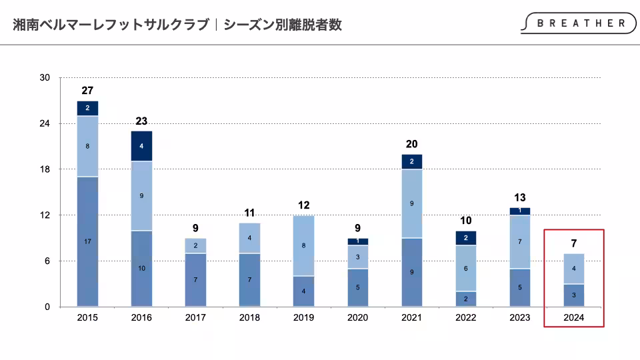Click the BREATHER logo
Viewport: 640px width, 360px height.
pyautogui.click(x=577, y=23)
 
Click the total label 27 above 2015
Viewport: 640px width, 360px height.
pyautogui.click(x=87, y=90)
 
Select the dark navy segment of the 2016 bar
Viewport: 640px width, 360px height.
pyautogui.click(x=141, y=146)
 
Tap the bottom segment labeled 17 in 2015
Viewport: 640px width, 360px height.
pyautogui.click(x=87, y=241)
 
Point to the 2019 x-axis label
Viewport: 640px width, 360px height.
pyautogui.click(x=303, y=317)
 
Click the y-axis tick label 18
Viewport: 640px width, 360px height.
pyautogui.click(x=45, y=169)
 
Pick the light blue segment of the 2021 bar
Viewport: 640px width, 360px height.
pyautogui.click(x=411, y=203)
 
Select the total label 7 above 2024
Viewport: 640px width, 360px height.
pyautogui.click(x=573, y=243)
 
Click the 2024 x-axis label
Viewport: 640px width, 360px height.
pyautogui.click(x=573, y=317)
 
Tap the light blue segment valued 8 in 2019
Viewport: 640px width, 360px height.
pyautogui.click(x=303, y=245)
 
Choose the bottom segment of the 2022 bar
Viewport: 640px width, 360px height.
pyautogui.click(x=465, y=299)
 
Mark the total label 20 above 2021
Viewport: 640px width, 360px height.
pyautogui.click(x=411, y=144)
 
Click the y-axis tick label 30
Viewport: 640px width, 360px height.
pyautogui.click(x=45, y=78)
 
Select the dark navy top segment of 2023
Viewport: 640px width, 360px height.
pyautogui.click(x=519, y=211)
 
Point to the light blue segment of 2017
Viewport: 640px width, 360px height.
pyautogui.click(x=195, y=245)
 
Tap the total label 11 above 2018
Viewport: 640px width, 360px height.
pyautogui.click(x=249, y=213)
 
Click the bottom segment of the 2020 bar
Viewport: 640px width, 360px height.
pyautogui.click(x=357, y=287)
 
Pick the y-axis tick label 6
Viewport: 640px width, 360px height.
pyautogui.click(x=47, y=261)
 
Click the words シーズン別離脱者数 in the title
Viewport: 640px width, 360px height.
pyautogui.click(x=283, y=25)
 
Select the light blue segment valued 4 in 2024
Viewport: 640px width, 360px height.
pyautogui.click(x=573, y=269)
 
